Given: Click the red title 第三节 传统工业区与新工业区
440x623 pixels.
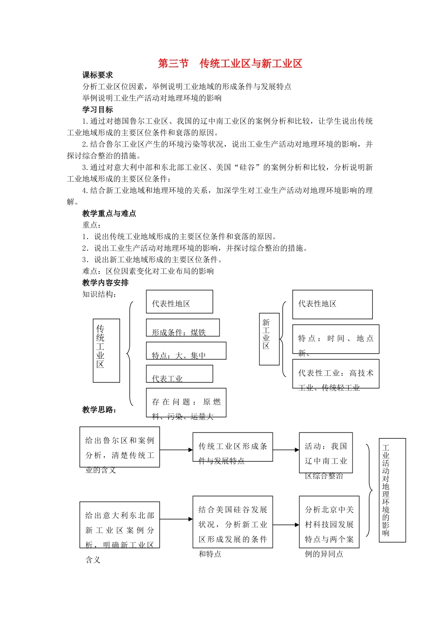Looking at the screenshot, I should pos(230,64).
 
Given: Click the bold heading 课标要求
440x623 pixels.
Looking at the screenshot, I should pos(98,75).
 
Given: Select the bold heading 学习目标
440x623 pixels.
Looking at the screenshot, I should pos(98,110).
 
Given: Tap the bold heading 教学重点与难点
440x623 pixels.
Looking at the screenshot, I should pos(109,214).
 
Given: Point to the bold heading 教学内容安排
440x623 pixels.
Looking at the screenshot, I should pos(106,283).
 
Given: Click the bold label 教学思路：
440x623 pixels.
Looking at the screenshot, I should pos(100,410).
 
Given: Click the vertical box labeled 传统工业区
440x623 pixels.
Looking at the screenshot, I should pos(106,350).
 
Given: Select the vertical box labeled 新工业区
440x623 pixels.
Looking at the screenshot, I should pos(269,339).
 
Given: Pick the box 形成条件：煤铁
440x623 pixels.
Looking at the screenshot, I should pos(182,328).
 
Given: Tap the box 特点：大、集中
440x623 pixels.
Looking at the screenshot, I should pos(186,351).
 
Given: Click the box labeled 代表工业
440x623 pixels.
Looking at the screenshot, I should pos(179,374).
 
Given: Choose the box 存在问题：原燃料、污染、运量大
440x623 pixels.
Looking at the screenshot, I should pos(186,402).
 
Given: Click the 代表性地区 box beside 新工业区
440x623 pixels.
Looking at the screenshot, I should pos(332,305).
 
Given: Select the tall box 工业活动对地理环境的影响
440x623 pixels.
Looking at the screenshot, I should pos(392,490).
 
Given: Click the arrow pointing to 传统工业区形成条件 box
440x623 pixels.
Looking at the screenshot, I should pos(176,450).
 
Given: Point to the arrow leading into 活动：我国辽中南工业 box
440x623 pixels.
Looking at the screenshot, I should pos(286,450).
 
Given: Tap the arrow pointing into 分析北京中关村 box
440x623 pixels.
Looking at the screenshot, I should pos(286,525).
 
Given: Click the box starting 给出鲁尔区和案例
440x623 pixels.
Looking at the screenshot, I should pos(119,447).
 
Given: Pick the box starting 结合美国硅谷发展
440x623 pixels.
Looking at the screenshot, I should pos(233,522).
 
